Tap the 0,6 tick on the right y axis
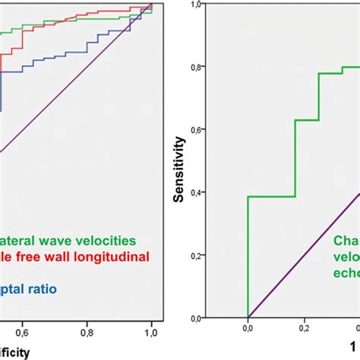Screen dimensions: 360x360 coord(197,130)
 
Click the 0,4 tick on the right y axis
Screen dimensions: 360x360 coord(197,192)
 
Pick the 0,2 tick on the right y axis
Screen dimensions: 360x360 coord(197,255)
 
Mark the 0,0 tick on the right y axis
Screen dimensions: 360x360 coord(197,317)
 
